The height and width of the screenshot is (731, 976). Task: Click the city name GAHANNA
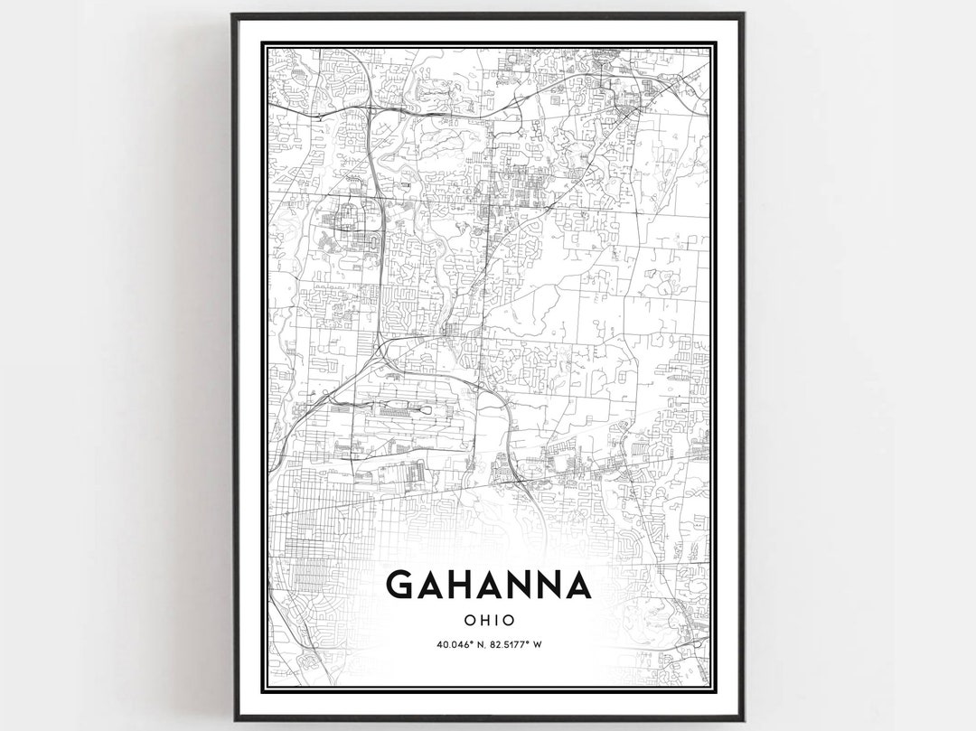coord(488,585)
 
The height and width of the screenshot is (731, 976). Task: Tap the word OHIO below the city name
coord(488,621)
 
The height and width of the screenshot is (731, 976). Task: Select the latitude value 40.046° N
coord(460,644)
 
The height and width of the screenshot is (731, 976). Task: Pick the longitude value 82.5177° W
coord(518,644)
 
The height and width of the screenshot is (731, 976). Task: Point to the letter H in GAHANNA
coord(460,585)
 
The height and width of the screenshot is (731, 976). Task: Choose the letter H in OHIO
coord(483,621)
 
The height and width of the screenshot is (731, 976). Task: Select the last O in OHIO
coord(509,621)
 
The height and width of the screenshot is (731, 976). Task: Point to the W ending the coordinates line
coord(538,644)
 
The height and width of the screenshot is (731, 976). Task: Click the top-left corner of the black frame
coord(232,14)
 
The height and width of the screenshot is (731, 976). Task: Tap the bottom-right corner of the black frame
coord(743,719)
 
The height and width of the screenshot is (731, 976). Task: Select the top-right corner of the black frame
coord(743,14)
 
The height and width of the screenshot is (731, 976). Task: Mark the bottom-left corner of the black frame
coord(232,719)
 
